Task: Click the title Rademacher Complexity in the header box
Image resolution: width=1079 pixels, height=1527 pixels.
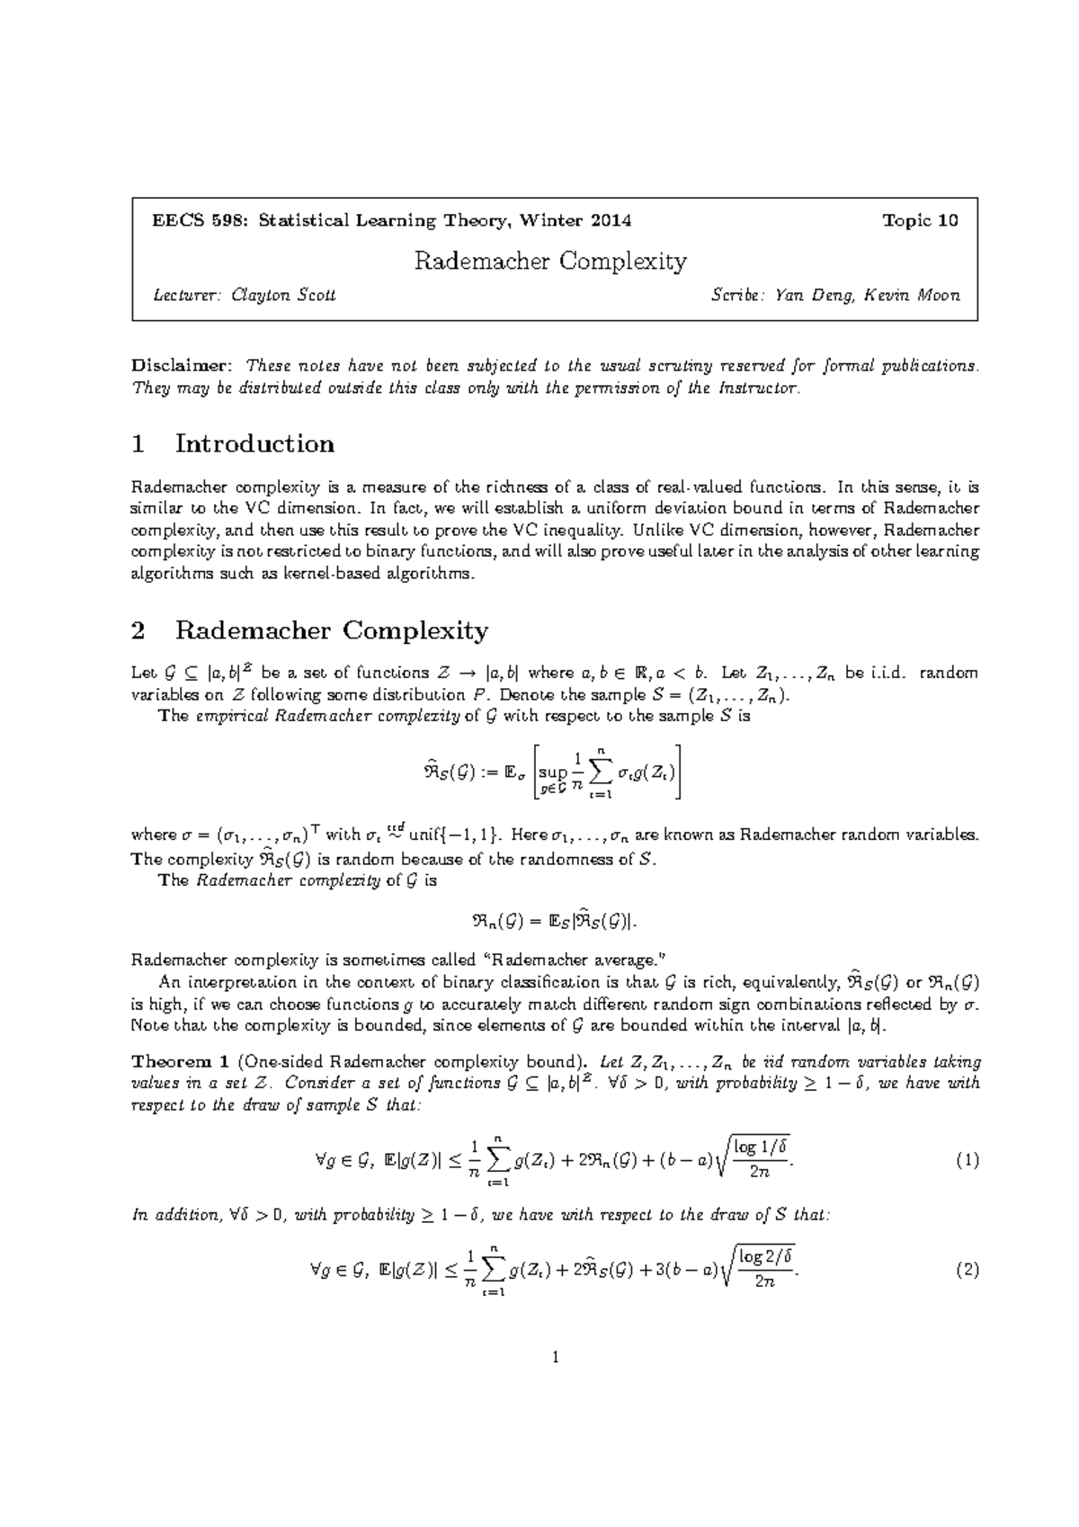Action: [x=549, y=262]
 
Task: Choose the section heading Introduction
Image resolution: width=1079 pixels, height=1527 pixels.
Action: [x=254, y=443]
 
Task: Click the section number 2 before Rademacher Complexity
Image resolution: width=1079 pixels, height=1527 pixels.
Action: [x=138, y=630]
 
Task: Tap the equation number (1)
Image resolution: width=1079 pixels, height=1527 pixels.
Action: [x=967, y=1160]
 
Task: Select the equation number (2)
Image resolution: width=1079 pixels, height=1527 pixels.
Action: [x=967, y=1270]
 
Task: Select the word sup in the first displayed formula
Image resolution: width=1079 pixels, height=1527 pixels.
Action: [x=555, y=772]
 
